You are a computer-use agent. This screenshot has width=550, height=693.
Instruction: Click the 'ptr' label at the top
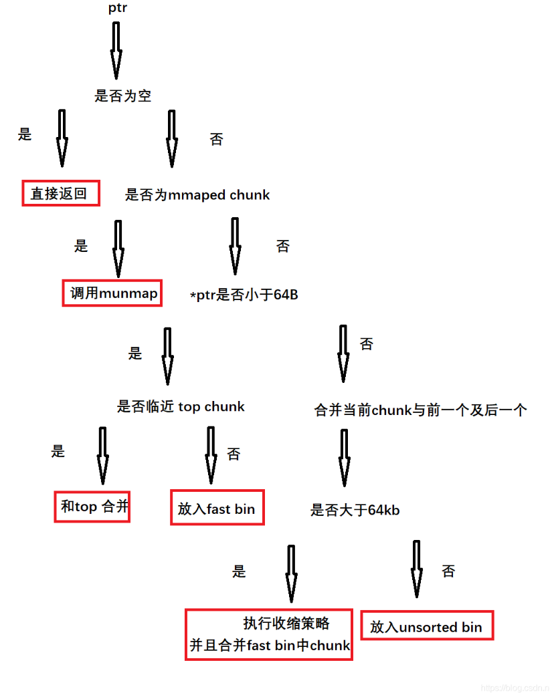[117, 8]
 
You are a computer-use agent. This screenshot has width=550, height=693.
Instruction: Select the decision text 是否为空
[123, 96]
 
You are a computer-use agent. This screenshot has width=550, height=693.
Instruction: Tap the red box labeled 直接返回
[60, 193]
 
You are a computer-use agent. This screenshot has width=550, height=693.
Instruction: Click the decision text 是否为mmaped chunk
[197, 195]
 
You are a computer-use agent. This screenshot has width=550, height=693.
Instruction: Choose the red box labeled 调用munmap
[112, 293]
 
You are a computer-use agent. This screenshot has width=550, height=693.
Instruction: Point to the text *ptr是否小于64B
[244, 295]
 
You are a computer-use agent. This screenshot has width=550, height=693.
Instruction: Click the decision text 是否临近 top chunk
[181, 406]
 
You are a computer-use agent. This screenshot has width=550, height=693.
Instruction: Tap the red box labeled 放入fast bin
[217, 508]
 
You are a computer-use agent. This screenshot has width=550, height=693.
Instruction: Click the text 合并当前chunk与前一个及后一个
[420, 410]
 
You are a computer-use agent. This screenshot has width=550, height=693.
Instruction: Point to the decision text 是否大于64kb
[355, 511]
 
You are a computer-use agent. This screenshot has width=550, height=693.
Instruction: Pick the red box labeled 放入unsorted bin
[426, 626]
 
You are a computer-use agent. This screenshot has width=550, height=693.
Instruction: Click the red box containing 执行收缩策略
[268, 634]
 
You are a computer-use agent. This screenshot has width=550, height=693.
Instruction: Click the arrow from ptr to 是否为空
[116, 50]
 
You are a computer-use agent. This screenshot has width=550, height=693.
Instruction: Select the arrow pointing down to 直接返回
[62, 138]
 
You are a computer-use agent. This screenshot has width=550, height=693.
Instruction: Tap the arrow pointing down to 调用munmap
[118, 248]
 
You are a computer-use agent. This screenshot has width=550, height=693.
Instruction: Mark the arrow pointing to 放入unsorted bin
[417, 568]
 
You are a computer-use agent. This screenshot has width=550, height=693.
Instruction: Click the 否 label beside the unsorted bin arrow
[448, 571]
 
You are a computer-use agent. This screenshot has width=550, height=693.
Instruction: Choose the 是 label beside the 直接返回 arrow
[25, 134]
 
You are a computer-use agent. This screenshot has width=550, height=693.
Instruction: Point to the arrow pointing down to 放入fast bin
[211, 454]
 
